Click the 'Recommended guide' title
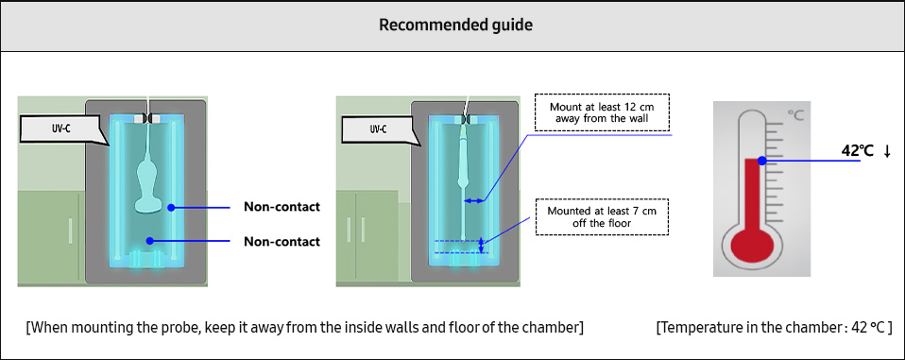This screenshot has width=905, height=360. click(x=455, y=25)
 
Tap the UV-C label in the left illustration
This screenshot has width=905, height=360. click(x=63, y=129)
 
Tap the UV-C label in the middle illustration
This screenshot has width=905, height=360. click(x=378, y=129)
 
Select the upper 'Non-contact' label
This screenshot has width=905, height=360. click(x=282, y=207)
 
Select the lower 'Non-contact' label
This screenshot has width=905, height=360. click(x=282, y=242)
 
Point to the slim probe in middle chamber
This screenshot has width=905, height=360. click(x=463, y=170)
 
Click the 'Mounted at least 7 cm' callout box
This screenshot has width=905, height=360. click(x=602, y=217)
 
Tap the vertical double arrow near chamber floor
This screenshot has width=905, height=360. click(x=483, y=246)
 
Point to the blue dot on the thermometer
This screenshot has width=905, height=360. click(x=760, y=161)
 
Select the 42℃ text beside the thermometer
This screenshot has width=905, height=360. click(x=857, y=150)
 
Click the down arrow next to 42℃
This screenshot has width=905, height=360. click(x=887, y=151)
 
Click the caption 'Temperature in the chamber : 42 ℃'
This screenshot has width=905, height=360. click(x=773, y=327)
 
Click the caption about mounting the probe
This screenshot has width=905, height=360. click(x=304, y=327)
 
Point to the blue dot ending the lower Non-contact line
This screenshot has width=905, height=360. click(x=148, y=242)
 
